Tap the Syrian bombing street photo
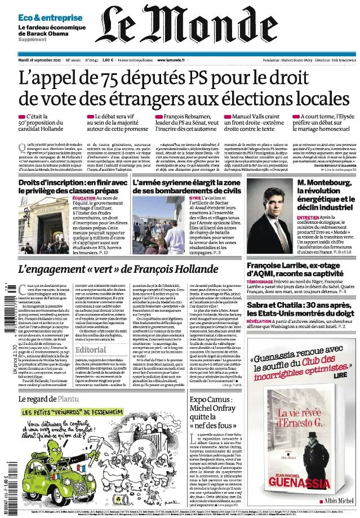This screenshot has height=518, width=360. pyautogui.click(x=159, y=222)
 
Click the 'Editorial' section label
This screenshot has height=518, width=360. pyautogui.click(x=96, y=349)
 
